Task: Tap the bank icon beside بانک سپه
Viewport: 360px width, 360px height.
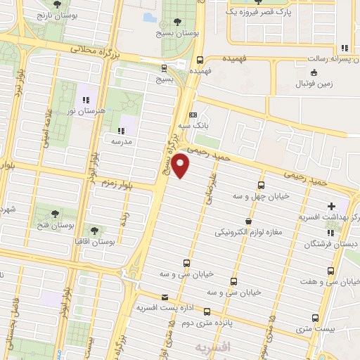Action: [193, 115]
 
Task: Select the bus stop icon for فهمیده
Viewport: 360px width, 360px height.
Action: [200, 60]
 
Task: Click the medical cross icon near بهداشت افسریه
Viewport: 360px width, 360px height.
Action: [330, 207]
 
